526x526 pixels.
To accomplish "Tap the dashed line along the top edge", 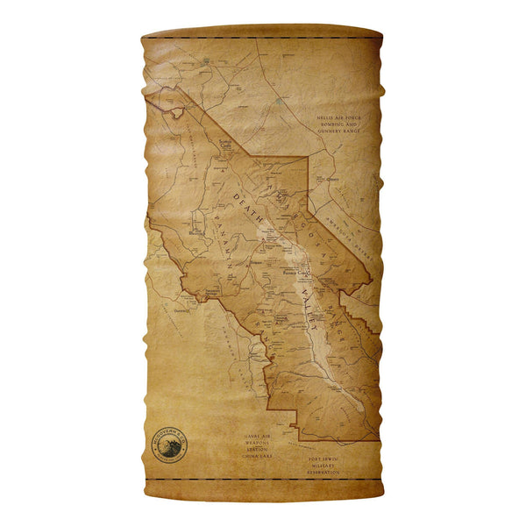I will coord(263,38).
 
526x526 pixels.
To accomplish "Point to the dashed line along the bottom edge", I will coord(263,479).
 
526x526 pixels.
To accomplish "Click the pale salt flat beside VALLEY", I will coord(309,263).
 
